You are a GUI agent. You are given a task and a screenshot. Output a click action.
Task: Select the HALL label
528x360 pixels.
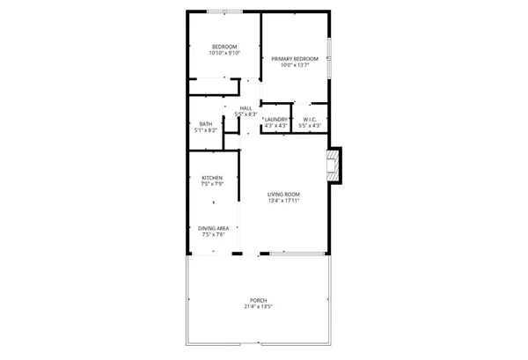[246, 108]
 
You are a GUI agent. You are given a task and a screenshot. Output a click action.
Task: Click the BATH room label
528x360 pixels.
[205, 123]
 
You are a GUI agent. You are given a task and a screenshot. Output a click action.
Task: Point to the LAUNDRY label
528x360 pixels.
[276, 119]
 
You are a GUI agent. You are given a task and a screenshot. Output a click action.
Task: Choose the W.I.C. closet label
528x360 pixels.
[309, 119]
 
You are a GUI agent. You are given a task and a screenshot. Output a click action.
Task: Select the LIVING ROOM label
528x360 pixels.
[284, 194]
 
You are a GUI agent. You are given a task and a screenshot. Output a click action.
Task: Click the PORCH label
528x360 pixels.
[259, 301]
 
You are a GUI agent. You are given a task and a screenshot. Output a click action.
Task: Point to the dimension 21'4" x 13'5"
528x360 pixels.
[259, 307]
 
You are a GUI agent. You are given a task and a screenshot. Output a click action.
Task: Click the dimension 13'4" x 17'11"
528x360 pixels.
[284, 201]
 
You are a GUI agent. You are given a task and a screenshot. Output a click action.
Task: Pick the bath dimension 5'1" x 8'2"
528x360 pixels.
[205, 130]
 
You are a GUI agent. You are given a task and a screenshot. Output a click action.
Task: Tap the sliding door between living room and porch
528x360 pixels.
[289, 253]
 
